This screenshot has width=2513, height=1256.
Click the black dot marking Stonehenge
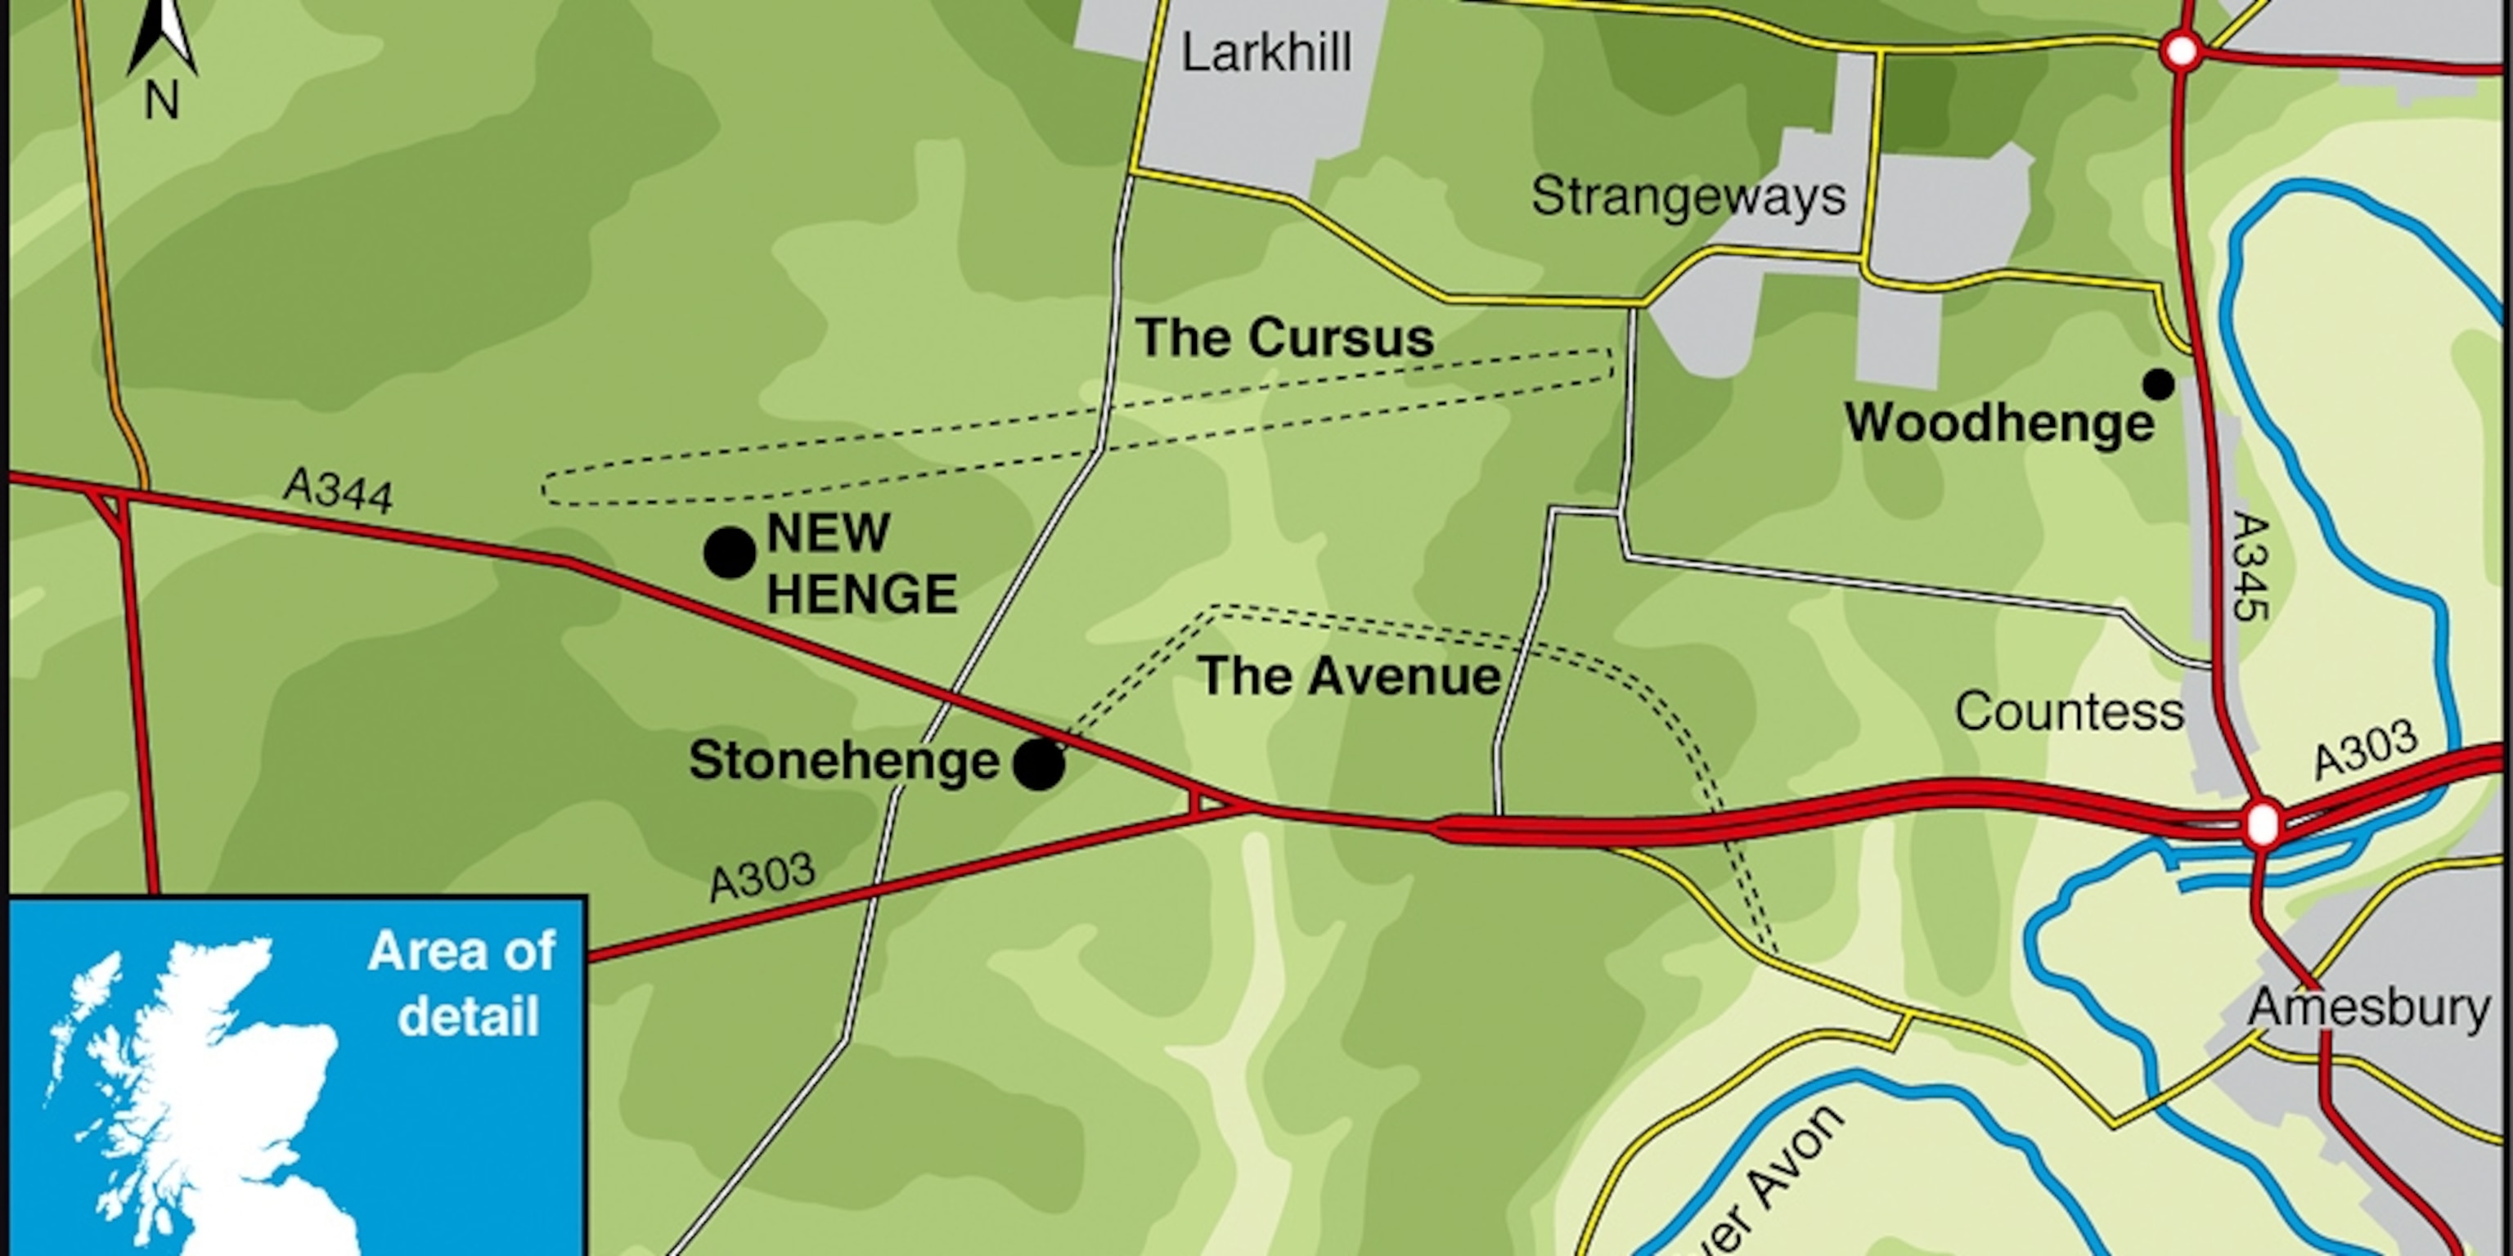coord(1039,765)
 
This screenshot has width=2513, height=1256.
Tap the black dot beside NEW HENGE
coord(730,553)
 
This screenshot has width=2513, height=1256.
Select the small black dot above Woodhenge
coord(2158,385)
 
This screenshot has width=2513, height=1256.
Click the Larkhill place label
coord(1266,52)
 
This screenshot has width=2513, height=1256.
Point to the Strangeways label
coord(1688,196)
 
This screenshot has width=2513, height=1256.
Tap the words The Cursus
coord(1283,338)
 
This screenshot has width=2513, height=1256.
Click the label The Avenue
coord(1349,675)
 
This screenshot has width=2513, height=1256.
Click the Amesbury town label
coord(2370,1007)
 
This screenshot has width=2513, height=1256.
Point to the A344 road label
coord(339,491)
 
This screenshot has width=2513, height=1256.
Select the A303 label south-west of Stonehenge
coord(762,877)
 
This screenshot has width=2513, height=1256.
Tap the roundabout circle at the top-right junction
coord(2182,51)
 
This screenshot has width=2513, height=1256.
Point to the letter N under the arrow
coord(162,101)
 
